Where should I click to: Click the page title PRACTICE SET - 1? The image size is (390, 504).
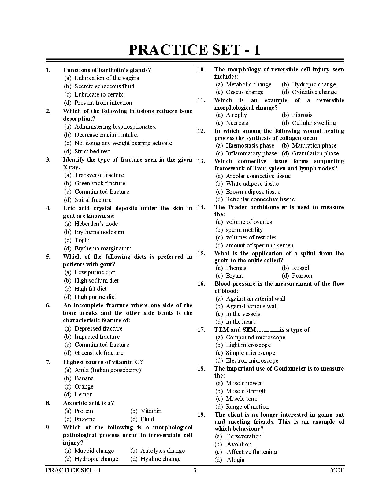pos(195,50)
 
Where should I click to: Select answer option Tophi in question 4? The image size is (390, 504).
pos(82,240)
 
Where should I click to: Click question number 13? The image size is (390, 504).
pos(201,161)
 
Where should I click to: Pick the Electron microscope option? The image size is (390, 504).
pos(252,360)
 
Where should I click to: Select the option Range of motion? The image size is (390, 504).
pos(247,407)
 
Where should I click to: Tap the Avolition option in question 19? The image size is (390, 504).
pos(239,444)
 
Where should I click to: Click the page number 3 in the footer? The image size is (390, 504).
pos(195,470)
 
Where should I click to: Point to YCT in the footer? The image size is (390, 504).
pos(337,470)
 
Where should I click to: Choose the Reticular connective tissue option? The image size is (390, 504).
pos(260,199)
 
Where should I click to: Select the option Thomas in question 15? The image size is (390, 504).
pos(236,268)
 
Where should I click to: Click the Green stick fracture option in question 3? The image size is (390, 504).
pos(100,183)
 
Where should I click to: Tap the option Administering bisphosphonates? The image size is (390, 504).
pos(115,126)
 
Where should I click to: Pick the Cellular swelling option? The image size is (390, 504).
pos(314,123)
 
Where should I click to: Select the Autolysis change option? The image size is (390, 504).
pos(162,451)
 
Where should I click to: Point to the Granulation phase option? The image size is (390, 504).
pos(315,153)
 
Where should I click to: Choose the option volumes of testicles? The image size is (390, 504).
pos(251,237)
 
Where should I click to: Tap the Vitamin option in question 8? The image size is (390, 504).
pos(151,411)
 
